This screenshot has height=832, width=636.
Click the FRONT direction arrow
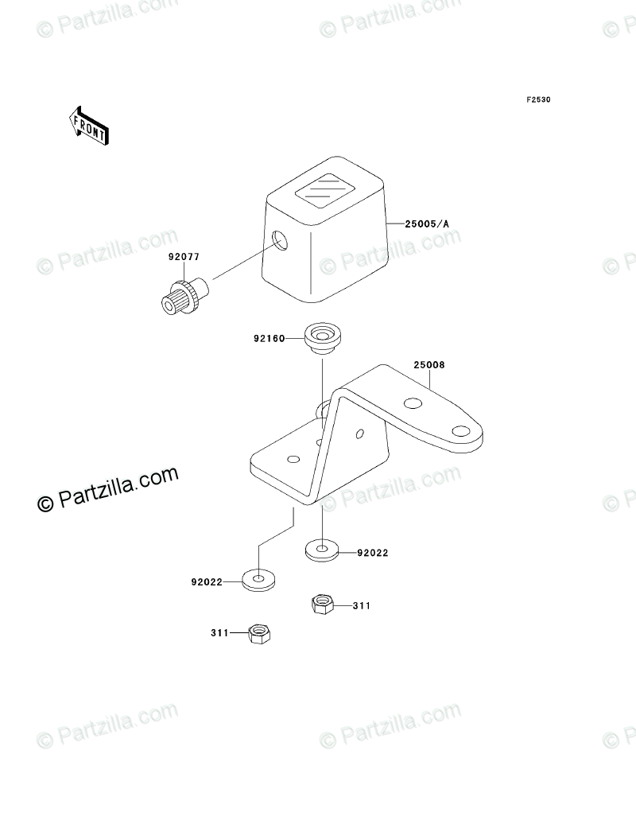pyautogui.click(x=88, y=125)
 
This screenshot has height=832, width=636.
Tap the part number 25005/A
pyautogui.click(x=427, y=224)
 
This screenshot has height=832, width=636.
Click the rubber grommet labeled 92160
pyautogui.click(x=322, y=336)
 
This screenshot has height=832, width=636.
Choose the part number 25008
pyautogui.click(x=429, y=366)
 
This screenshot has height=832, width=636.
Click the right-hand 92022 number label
pyautogui.click(x=372, y=553)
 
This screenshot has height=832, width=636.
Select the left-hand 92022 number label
pyautogui.click(x=206, y=582)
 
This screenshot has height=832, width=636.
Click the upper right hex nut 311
pyautogui.click(x=321, y=605)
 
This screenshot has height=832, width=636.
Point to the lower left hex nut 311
pyautogui.click(x=258, y=633)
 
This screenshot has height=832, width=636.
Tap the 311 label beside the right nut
pyautogui.click(x=362, y=606)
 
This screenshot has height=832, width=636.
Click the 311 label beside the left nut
pyautogui.click(x=219, y=633)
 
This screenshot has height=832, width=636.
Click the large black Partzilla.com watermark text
pyautogui.click(x=107, y=490)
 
